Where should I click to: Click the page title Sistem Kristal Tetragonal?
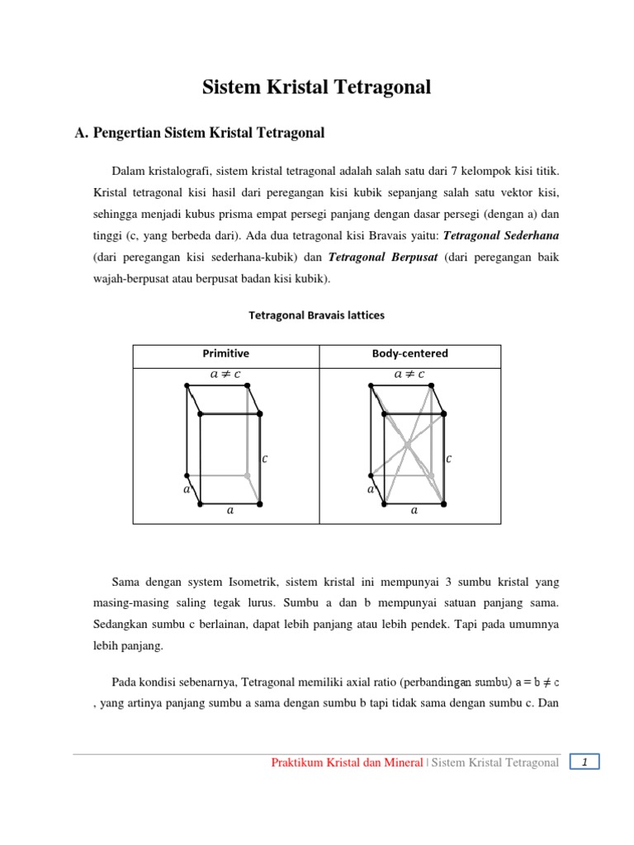tap(317, 87)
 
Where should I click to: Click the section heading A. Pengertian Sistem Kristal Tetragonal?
tap(199, 132)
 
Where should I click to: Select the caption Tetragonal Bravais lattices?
tap(317, 315)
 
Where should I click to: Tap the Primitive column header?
tap(225, 353)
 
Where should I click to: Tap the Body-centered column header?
tap(409, 353)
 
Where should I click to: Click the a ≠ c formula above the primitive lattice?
tap(225, 374)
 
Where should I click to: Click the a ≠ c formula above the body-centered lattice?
tap(409, 374)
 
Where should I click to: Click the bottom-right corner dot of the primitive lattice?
tap(260, 503)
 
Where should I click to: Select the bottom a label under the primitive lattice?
tap(230, 511)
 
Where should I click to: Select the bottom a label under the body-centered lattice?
tap(414, 511)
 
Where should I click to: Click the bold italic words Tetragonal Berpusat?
tap(383, 257)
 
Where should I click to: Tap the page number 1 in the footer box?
tap(584, 762)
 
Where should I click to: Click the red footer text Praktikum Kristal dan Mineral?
tap(348, 763)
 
